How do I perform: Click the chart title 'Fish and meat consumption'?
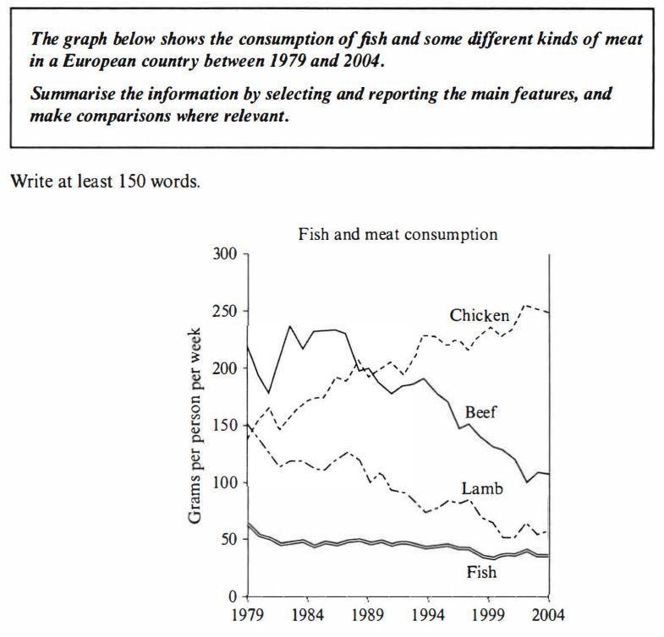(398, 234)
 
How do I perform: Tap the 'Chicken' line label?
(480, 316)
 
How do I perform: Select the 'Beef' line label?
(480, 412)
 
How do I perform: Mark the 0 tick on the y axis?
(234, 596)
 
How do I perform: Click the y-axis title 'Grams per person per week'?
(195, 425)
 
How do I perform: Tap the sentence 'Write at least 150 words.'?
(105, 182)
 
